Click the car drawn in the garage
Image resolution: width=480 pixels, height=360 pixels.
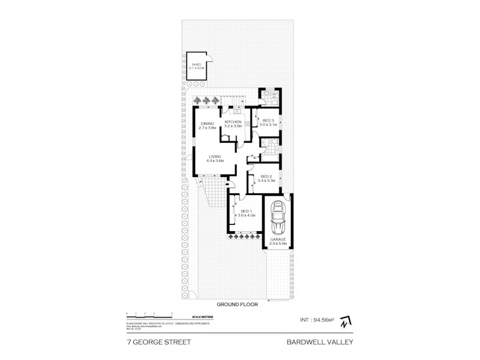coord(278,219)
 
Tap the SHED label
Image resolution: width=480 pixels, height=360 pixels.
coord(196,65)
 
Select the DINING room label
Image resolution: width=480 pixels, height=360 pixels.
coord(207,124)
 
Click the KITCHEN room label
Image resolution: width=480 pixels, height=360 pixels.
coord(233,122)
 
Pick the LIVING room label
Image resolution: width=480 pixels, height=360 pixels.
coord(214,157)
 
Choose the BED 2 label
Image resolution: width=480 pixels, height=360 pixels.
coord(266,176)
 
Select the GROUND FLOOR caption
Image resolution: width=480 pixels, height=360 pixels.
coord(239,304)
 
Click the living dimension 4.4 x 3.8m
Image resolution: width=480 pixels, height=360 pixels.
coord(214,161)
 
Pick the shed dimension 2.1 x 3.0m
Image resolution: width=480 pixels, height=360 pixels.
coord(197,69)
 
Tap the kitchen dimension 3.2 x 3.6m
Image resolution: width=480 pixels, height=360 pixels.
coord(233,127)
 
